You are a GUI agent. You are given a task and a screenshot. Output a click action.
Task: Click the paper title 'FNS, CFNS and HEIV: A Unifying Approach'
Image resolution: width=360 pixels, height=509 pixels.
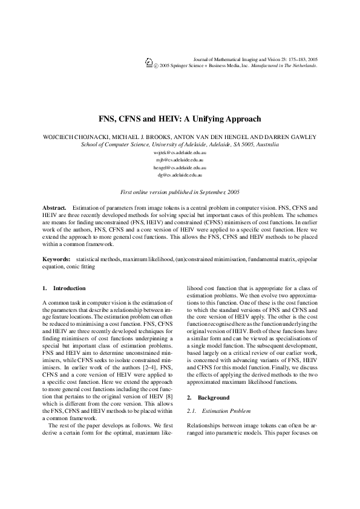[x=180, y=120]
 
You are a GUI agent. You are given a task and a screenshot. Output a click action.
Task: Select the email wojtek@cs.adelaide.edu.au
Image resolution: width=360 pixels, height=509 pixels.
[x=180, y=154]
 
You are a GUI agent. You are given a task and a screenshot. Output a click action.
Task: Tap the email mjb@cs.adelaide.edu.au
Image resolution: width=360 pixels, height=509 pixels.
[x=180, y=160]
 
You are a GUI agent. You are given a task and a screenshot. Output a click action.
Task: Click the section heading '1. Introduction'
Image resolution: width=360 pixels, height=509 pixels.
[x=64, y=288]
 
